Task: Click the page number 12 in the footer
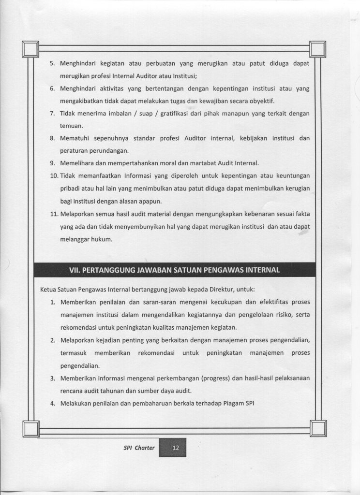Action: [175, 448]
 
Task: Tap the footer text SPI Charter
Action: [139, 448]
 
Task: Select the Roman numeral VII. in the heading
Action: [77, 270]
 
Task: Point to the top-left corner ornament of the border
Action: [30, 49]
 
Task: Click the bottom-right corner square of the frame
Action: [318, 428]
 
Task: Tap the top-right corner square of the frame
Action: [318, 49]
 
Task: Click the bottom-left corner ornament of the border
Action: [30, 428]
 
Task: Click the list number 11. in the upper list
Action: [54, 213]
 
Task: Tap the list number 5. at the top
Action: [53, 63]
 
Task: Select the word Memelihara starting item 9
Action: [78, 162]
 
